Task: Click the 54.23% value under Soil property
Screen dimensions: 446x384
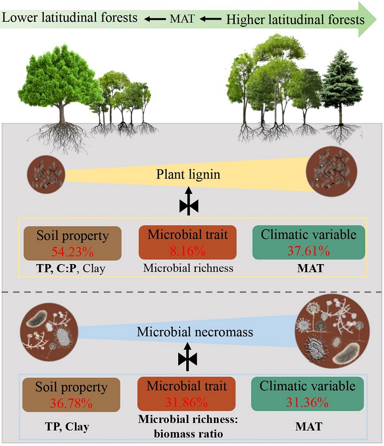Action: pos(72,251)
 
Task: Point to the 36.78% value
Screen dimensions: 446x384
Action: pos(71,403)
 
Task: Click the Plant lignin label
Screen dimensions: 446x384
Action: pos(188,174)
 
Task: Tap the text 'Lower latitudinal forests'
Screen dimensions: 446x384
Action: pos(70,18)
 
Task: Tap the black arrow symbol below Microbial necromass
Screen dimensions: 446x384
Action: pos(188,356)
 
